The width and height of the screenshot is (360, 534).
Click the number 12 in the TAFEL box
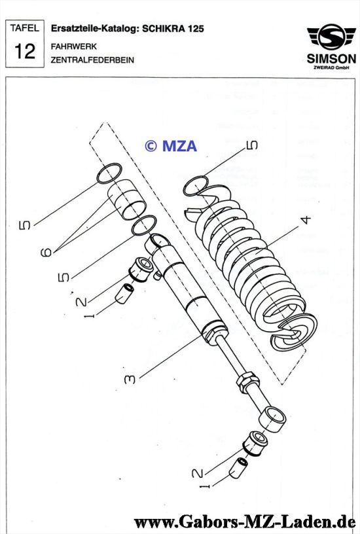click(x=24, y=52)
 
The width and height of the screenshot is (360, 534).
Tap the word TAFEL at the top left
click(x=24, y=28)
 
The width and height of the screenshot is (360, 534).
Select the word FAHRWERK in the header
click(x=73, y=46)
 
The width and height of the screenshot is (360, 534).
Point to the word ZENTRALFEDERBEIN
click(x=92, y=60)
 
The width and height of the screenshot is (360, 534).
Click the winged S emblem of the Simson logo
click(x=331, y=37)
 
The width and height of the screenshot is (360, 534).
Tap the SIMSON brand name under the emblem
click(x=331, y=59)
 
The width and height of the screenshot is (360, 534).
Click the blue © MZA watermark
click(x=171, y=146)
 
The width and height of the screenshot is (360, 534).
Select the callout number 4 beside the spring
click(x=306, y=220)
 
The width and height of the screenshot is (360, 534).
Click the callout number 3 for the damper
click(x=130, y=379)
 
